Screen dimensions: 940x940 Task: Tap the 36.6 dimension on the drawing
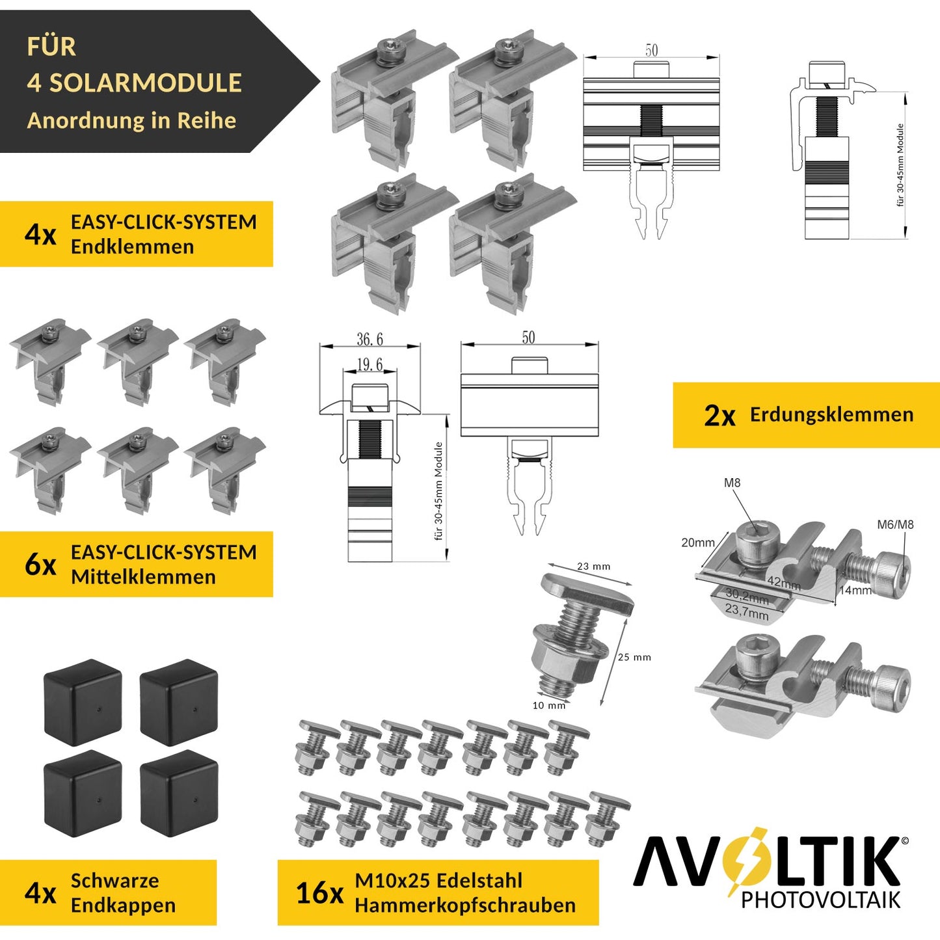point(369,340)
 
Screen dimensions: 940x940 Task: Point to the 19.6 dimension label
point(369,364)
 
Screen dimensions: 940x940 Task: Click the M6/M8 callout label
point(895,525)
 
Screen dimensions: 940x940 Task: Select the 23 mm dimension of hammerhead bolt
point(593,567)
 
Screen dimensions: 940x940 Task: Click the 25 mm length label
point(634,657)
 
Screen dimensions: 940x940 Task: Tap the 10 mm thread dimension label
point(548,705)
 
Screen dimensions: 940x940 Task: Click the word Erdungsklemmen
point(831,415)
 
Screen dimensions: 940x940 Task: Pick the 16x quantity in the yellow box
point(319,894)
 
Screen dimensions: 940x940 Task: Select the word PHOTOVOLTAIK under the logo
point(820,900)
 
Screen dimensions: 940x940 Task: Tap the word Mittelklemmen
point(143,577)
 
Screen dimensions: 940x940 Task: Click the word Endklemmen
point(132,247)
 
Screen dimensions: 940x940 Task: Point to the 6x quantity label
point(40,565)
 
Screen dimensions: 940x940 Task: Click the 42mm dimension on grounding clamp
point(784,584)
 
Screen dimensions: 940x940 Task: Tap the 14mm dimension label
point(855,591)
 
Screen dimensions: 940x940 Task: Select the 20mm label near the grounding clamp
point(697,543)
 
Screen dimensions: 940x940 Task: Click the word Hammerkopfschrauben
point(464,906)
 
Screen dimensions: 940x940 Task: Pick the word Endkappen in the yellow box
point(123,906)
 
